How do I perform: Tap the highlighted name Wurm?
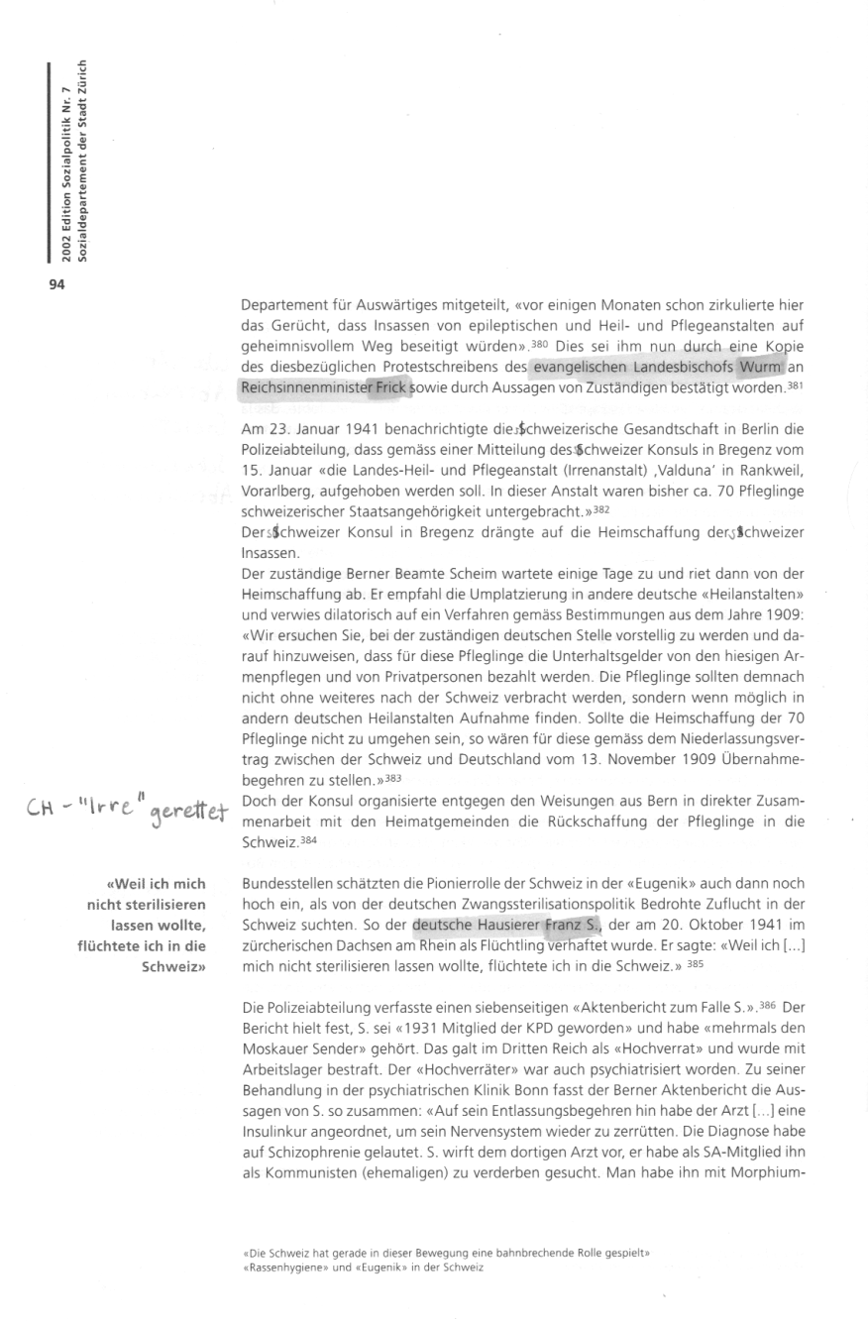click(x=760, y=369)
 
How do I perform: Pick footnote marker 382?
click(x=599, y=508)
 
